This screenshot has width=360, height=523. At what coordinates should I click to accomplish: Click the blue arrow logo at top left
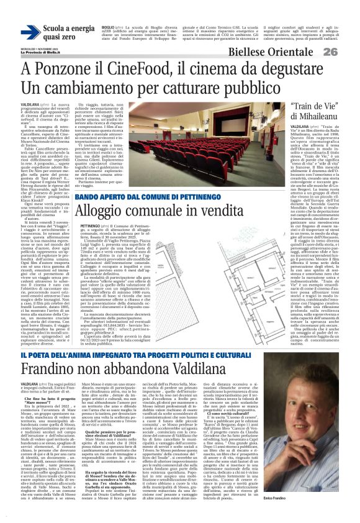point(30,33)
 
